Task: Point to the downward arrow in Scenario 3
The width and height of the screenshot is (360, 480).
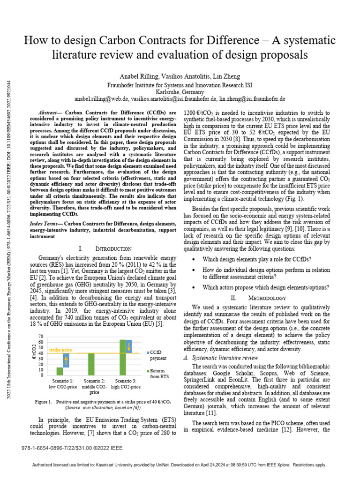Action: click(x=129, y=346)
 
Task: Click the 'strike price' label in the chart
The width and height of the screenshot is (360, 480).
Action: click(x=61, y=350)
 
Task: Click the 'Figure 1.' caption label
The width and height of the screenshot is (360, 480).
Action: click(x=43, y=402)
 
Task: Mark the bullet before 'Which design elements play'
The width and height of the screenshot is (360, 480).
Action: click(x=194, y=259)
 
